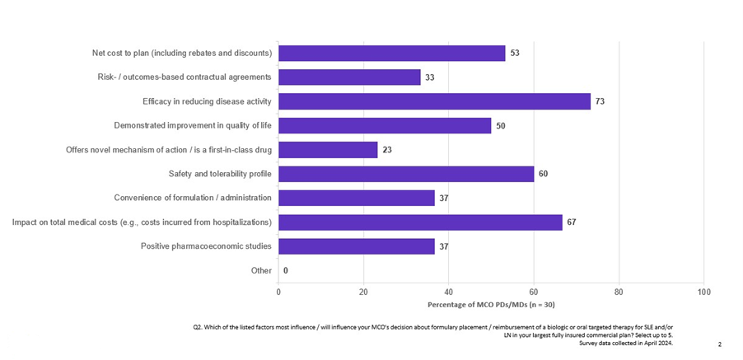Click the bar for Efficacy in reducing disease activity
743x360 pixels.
pyautogui.click(x=434, y=101)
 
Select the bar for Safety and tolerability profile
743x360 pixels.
pyautogui.click(x=406, y=174)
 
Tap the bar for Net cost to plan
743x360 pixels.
pyautogui.click(x=391, y=54)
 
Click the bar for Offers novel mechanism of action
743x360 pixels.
pyautogui.click(x=328, y=150)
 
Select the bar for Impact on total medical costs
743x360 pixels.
pyautogui.click(x=420, y=222)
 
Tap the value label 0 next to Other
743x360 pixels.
pyautogui.click(x=285, y=270)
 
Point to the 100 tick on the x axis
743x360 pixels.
pyautogui.click(x=703, y=292)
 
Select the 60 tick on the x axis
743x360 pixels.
pyautogui.click(x=534, y=292)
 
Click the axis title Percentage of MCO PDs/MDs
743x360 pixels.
pyautogui.click(x=490, y=304)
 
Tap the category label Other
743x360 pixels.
pyautogui.click(x=261, y=270)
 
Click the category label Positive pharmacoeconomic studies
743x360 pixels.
pyautogui.click(x=206, y=246)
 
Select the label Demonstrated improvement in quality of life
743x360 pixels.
pyautogui.click(x=193, y=126)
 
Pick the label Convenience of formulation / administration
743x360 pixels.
pyautogui.click(x=193, y=198)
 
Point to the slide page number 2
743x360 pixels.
pyautogui.click(x=720, y=344)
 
